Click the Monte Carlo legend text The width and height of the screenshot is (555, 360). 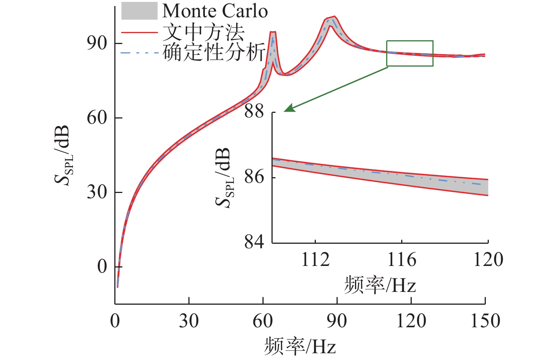pyautogui.click(x=215, y=11)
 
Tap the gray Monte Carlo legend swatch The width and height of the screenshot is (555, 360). pyautogui.click(x=139, y=11)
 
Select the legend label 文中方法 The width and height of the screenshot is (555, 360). pyautogui.click(x=203, y=32)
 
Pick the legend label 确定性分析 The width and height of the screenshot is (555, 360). pyautogui.click(x=214, y=52)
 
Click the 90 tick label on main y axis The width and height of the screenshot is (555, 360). pyautogui.click(x=97, y=43)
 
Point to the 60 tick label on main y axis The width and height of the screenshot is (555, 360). pyautogui.click(x=97, y=118)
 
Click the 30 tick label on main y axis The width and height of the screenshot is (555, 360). pyautogui.click(x=97, y=192)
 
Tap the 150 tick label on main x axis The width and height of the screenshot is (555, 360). pyautogui.click(x=485, y=321)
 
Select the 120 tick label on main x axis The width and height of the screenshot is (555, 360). pyautogui.click(x=411, y=321)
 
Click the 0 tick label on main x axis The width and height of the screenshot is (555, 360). pyautogui.click(x=115, y=321)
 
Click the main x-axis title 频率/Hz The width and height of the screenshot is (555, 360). pyautogui.click(x=300, y=346)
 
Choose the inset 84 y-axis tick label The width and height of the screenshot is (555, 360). pyautogui.click(x=254, y=242)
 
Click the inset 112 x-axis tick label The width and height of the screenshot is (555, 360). pyautogui.click(x=315, y=260)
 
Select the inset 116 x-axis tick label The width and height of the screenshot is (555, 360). pyautogui.click(x=402, y=260)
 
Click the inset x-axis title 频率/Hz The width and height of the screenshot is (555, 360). pyautogui.click(x=380, y=285)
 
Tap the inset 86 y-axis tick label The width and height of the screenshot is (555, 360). pyautogui.click(x=254, y=176)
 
